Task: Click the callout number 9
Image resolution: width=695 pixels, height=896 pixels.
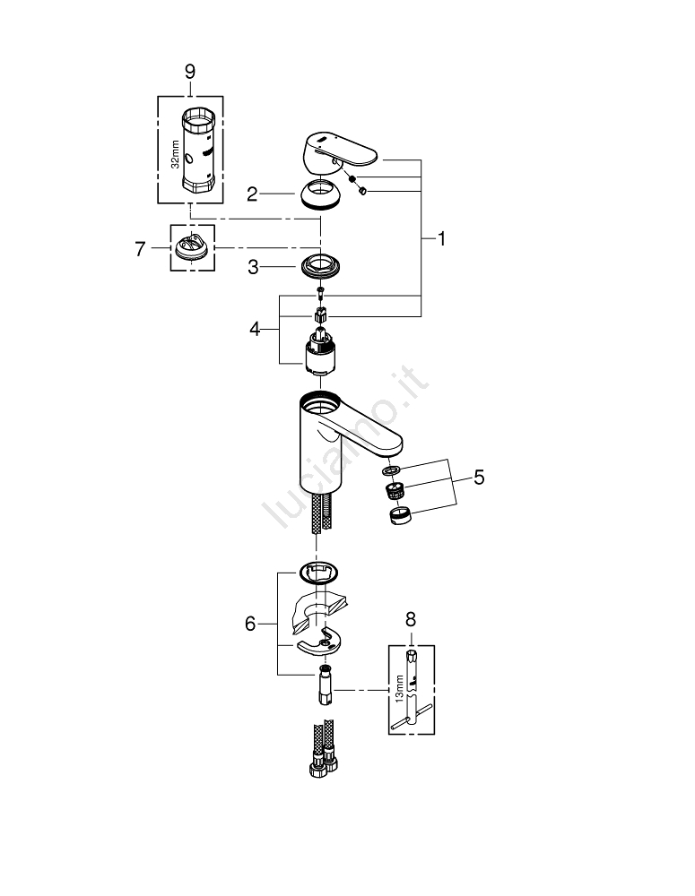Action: tap(190, 72)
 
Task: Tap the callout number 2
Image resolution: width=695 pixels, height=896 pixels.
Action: tap(252, 194)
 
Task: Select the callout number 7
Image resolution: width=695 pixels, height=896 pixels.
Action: tap(140, 249)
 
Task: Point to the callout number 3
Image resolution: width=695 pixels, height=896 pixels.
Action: tap(253, 267)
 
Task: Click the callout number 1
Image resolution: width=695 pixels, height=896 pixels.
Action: tap(441, 239)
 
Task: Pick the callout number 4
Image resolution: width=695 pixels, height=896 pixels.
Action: tap(255, 329)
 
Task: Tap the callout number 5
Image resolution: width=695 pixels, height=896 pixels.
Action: tap(479, 478)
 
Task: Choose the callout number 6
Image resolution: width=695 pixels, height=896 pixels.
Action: tap(250, 624)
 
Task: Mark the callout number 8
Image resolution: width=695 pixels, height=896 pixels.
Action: tap(410, 619)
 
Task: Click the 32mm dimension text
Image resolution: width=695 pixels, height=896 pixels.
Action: tap(176, 154)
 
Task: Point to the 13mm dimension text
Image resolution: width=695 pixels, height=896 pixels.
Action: tap(399, 688)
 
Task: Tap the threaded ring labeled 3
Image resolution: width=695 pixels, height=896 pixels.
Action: tap(320, 266)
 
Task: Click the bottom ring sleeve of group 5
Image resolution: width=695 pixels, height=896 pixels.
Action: tap(400, 516)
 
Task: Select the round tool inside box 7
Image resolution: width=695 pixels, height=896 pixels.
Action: tap(192, 247)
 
